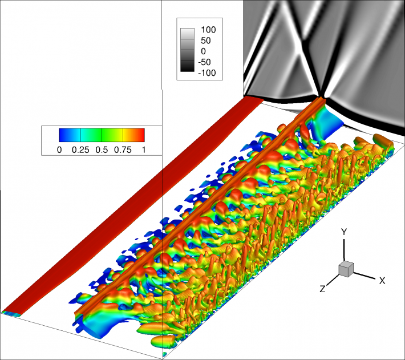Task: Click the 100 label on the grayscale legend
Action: tap(208, 30)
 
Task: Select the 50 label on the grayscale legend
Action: tap(206, 41)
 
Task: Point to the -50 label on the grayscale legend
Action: tap(205, 62)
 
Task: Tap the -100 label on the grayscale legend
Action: tap(207, 73)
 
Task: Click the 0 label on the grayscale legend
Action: tap(204, 51)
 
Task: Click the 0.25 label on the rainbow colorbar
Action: tap(80, 150)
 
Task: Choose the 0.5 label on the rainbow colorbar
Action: tap(102, 150)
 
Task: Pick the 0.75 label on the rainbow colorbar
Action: tap(123, 150)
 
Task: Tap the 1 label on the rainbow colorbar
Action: tap(144, 150)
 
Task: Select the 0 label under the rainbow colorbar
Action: tap(59, 150)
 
